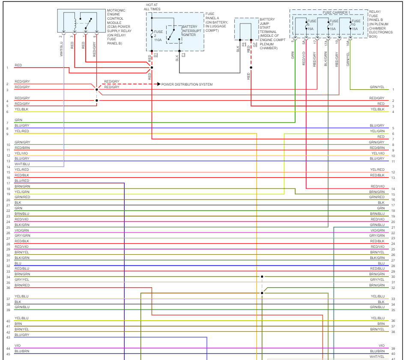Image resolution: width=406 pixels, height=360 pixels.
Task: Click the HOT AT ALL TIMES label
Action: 152,6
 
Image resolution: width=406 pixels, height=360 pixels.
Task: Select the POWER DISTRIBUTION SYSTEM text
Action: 187,84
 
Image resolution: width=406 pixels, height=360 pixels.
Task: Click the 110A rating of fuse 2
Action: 158,39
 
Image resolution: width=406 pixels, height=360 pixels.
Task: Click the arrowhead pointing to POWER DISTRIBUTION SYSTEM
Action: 158,84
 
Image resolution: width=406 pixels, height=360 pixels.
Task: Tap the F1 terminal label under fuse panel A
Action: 183,55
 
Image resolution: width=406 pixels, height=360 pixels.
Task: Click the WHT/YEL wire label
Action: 377,357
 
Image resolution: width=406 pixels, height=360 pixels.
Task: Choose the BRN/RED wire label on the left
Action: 22,285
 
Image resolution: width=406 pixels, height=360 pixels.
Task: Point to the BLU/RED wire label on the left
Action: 22,181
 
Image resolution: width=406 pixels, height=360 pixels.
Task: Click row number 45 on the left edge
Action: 8,354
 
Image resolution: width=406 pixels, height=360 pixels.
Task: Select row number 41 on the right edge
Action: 393,359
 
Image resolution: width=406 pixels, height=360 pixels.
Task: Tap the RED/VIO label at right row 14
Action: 377,186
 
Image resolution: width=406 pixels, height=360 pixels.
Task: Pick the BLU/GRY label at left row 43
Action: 22,335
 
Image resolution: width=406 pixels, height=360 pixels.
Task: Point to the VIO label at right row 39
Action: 382,345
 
